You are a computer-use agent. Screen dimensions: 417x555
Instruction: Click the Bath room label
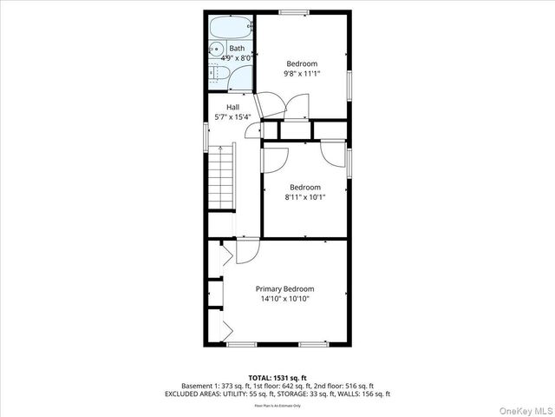237,48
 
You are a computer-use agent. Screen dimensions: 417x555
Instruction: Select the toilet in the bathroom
219,77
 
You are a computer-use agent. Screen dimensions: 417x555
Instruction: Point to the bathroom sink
218,50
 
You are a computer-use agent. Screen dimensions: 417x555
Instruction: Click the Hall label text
233,107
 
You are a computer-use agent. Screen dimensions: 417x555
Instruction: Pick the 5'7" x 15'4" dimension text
233,116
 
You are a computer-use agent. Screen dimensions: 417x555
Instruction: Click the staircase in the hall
224,177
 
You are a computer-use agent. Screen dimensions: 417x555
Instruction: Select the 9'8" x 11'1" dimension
302,74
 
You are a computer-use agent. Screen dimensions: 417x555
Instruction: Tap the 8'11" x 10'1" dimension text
304,197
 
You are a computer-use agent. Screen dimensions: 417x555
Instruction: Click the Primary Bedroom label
284,288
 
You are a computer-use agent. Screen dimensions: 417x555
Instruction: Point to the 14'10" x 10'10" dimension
284,299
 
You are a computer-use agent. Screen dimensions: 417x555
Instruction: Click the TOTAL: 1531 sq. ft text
277,377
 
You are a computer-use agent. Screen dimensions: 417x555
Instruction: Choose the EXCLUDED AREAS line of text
277,394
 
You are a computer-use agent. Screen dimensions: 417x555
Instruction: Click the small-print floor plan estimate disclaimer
277,406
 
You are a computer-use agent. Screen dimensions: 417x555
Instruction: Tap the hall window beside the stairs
206,135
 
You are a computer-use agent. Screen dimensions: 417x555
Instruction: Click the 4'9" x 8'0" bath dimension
236,58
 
